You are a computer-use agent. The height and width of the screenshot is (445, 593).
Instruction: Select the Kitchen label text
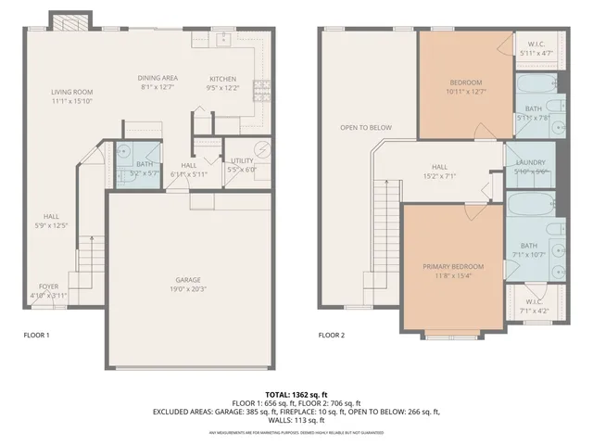222,78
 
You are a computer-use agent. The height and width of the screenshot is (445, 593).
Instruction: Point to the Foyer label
49,286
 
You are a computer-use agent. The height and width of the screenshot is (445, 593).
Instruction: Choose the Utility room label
242,160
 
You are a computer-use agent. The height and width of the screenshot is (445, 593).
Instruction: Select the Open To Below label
365,128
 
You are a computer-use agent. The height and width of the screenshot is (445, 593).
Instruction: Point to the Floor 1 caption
36,335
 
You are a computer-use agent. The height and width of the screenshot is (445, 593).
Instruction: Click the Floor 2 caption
332,335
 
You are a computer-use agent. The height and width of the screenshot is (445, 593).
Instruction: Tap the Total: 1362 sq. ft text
296,394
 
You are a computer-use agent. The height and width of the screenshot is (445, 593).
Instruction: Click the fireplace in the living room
69,21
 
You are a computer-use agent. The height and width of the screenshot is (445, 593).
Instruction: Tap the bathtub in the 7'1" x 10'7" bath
530,204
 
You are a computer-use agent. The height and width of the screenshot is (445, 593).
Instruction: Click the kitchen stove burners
262,90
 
